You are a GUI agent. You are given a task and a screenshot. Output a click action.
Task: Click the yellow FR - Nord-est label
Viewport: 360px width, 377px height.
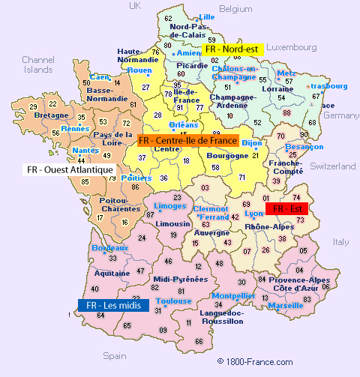(x=231, y=49)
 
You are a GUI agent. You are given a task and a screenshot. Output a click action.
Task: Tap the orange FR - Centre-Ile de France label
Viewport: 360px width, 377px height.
(x=187, y=140)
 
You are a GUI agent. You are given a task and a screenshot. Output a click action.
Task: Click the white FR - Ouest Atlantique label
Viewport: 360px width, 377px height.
(x=69, y=170)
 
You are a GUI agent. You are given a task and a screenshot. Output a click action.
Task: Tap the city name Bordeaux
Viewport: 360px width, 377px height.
(x=109, y=247)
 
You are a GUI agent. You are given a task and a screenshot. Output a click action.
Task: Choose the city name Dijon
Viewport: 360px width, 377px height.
(x=252, y=142)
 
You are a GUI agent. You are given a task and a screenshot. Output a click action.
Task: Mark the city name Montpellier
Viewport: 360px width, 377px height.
(x=235, y=295)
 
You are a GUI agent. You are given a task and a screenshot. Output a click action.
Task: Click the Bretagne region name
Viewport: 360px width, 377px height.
(x=51, y=116)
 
